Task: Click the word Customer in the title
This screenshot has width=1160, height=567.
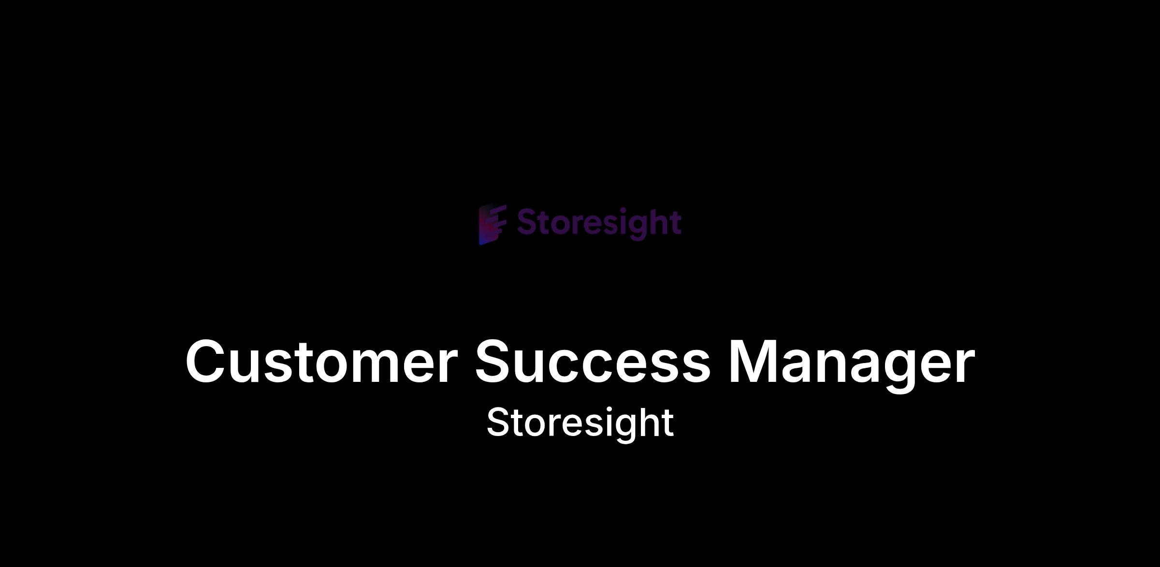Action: tap(321, 362)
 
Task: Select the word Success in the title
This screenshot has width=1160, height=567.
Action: tap(593, 362)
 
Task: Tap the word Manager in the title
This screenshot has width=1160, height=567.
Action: tap(852, 365)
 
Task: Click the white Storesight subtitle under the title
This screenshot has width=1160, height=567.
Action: tap(580, 423)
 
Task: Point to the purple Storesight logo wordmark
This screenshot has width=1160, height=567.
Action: tap(599, 224)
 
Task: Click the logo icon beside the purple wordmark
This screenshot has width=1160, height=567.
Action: tap(493, 224)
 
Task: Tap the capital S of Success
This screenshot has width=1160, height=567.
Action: tap(496, 362)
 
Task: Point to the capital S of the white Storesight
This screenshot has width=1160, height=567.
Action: tap(499, 422)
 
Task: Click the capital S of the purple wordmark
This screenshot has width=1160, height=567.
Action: tap(528, 222)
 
